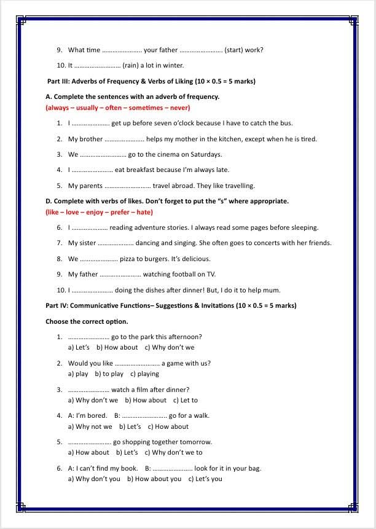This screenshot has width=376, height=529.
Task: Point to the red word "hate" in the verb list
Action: pyautogui.click(x=144, y=212)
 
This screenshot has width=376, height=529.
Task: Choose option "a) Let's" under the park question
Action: pyautogui.click(x=79, y=347)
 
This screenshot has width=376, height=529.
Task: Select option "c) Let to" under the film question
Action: pyautogui.click(x=186, y=400)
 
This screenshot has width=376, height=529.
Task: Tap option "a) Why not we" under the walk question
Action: pyautogui.click(x=90, y=426)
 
